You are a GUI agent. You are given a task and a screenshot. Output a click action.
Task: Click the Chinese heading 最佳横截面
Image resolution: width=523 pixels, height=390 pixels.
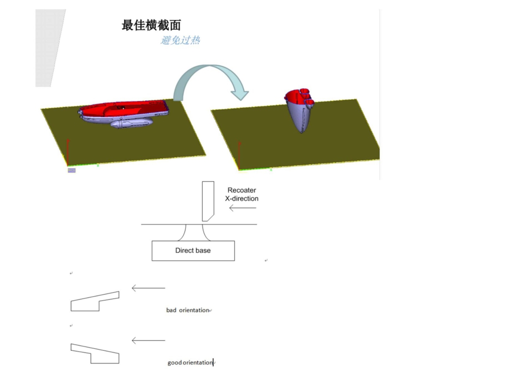[151, 25]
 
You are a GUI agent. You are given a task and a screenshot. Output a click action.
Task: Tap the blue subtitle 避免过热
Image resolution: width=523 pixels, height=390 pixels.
[181, 40]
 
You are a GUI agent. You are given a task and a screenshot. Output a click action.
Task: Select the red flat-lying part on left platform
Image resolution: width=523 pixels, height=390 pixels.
[123, 109]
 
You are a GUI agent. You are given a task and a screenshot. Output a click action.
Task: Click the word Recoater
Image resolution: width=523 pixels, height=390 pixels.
[242, 190]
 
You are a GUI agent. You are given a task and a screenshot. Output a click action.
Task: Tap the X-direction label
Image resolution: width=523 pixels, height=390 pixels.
[242, 198]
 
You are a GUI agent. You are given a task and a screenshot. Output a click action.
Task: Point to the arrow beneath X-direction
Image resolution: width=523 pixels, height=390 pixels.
[243, 208]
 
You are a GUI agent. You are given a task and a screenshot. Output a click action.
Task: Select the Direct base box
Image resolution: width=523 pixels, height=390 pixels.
[193, 251]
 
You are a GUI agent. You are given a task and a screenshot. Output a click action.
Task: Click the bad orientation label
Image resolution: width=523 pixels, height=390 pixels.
[187, 310]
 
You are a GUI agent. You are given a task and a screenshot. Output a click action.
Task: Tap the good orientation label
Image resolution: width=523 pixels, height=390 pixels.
[190, 363]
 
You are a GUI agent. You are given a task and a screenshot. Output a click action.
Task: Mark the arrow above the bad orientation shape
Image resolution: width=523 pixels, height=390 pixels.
[148, 288]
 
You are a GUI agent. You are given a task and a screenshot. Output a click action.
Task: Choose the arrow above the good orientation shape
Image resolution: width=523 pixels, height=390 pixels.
[148, 340]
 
